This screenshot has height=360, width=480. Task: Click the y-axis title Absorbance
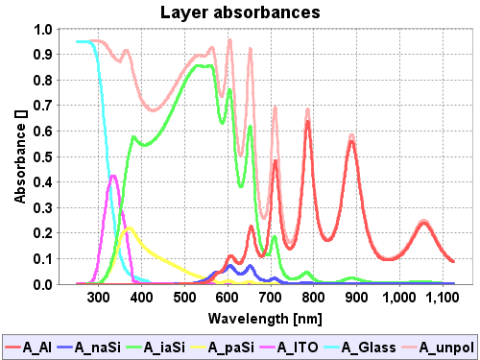[x=20, y=156]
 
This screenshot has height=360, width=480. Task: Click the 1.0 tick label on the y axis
[x=44, y=29]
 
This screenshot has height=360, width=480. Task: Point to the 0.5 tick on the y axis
[x=44, y=156]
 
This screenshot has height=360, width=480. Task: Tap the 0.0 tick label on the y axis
[x=44, y=284]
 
